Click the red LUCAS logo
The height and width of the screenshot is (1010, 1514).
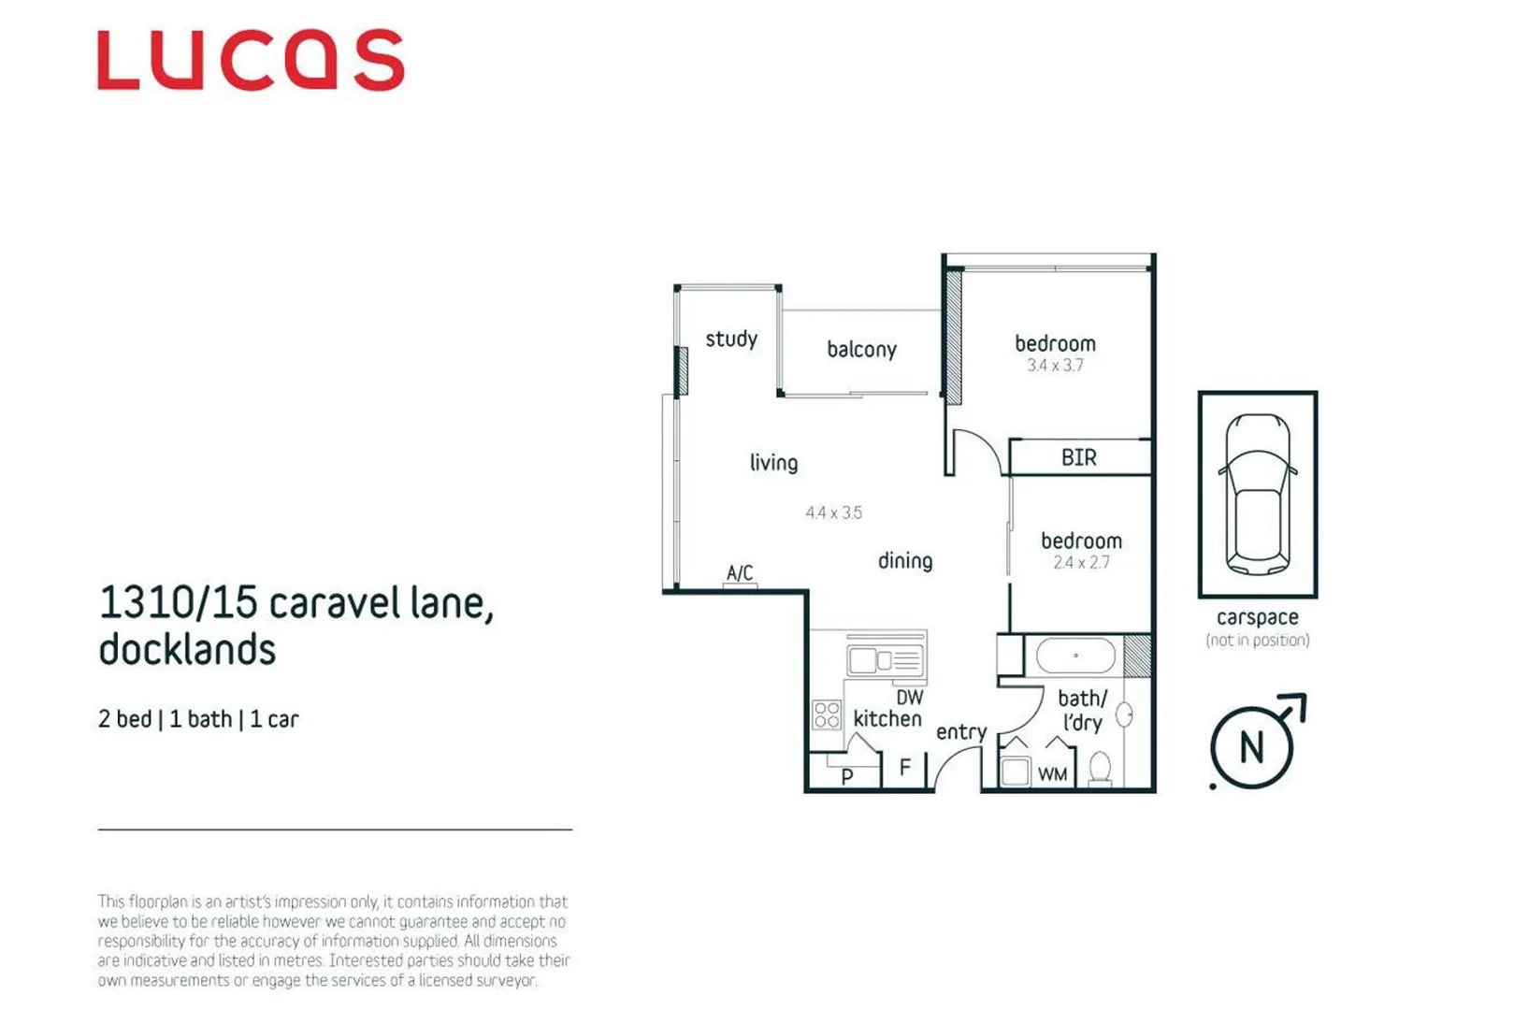[251, 61]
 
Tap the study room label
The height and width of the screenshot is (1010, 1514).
[731, 339]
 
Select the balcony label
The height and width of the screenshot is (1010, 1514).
[861, 350]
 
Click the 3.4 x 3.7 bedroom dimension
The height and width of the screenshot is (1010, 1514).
[1055, 366]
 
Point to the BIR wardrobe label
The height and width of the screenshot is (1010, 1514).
[1078, 457]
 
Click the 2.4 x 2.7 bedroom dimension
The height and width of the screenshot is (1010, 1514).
[1081, 563]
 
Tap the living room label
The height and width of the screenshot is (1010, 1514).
[773, 463]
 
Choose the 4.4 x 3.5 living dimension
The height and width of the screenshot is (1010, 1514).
[833, 512]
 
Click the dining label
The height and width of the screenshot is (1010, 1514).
[904, 561]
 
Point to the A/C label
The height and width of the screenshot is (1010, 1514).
[740, 572]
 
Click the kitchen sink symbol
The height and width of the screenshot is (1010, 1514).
[885, 660]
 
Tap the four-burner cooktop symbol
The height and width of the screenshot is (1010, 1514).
[827, 715]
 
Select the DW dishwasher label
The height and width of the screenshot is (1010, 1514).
[909, 697]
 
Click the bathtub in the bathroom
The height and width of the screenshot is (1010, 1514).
[1075, 656]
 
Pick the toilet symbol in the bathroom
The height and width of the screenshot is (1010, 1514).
[1101, 768]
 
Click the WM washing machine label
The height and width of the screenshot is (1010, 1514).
[1052, 774]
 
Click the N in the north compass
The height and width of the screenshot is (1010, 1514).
[1251, 747]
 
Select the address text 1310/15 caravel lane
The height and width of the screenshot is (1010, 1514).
[296, 603]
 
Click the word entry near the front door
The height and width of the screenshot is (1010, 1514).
[961, 732]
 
